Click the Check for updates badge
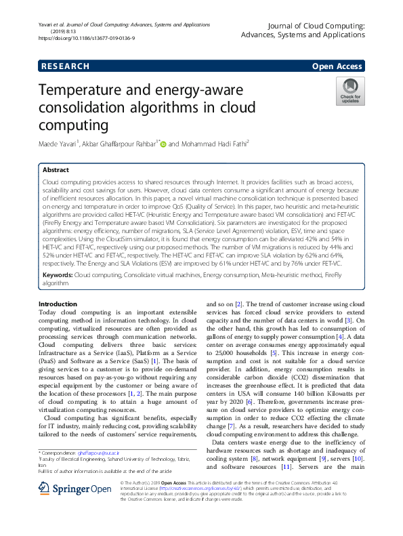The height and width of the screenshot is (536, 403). tap(349, 91)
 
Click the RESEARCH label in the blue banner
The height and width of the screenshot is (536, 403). tap(65, 66)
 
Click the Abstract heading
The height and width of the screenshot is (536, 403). tap(56, 170)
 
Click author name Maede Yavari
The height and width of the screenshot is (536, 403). tap(58, 144)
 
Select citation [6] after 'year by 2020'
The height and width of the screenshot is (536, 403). tap(249, 402)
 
